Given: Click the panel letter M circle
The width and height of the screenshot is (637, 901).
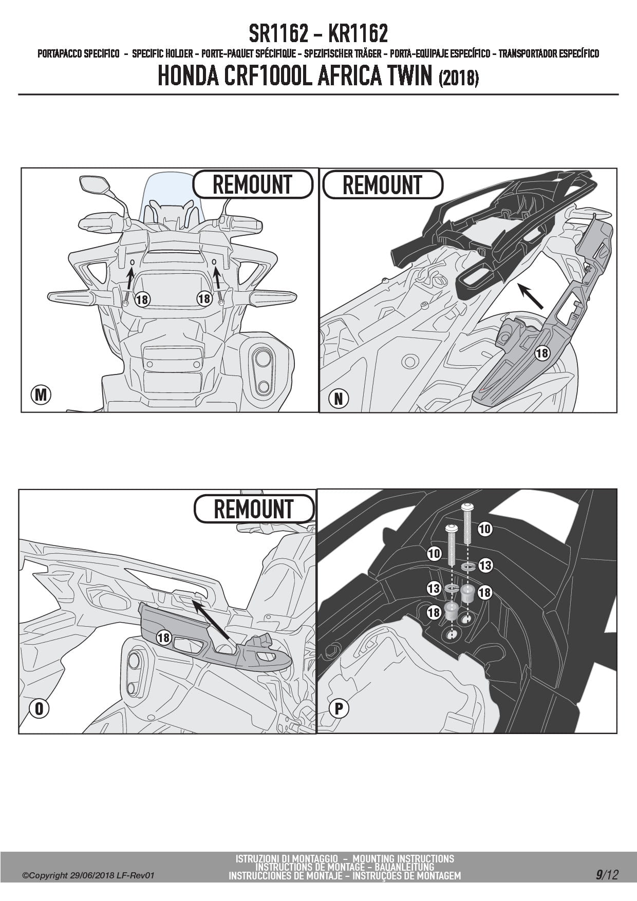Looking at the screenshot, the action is click(41, 395).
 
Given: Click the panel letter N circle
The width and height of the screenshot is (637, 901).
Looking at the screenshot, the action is click(339, 398).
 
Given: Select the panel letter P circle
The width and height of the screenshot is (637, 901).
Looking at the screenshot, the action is click(339, 709).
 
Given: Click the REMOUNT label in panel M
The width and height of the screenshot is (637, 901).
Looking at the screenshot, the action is click(253, 184).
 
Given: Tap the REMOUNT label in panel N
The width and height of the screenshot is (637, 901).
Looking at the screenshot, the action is click(382, 185).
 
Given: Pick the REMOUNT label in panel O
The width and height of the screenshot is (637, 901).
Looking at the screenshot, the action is click(254, 509).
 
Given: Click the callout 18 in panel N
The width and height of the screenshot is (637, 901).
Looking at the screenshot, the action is click(542, 353).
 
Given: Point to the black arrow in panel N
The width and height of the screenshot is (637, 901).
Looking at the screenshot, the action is click(530, 296).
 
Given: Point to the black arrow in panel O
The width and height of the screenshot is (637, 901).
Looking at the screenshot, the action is click(211, 620).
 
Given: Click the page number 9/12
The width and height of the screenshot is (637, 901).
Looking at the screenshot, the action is click(607, 874).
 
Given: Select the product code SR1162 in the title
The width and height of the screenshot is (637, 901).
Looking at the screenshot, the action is click(279, 34).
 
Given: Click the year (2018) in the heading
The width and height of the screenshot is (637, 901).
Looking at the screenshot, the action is click(459, 78).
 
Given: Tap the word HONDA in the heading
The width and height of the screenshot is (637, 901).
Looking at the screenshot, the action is click(188, 76).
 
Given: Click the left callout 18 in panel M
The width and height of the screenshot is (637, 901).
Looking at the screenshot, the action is click(142, 299).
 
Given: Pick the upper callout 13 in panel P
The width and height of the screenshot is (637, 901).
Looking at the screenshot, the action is click(485, 566).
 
